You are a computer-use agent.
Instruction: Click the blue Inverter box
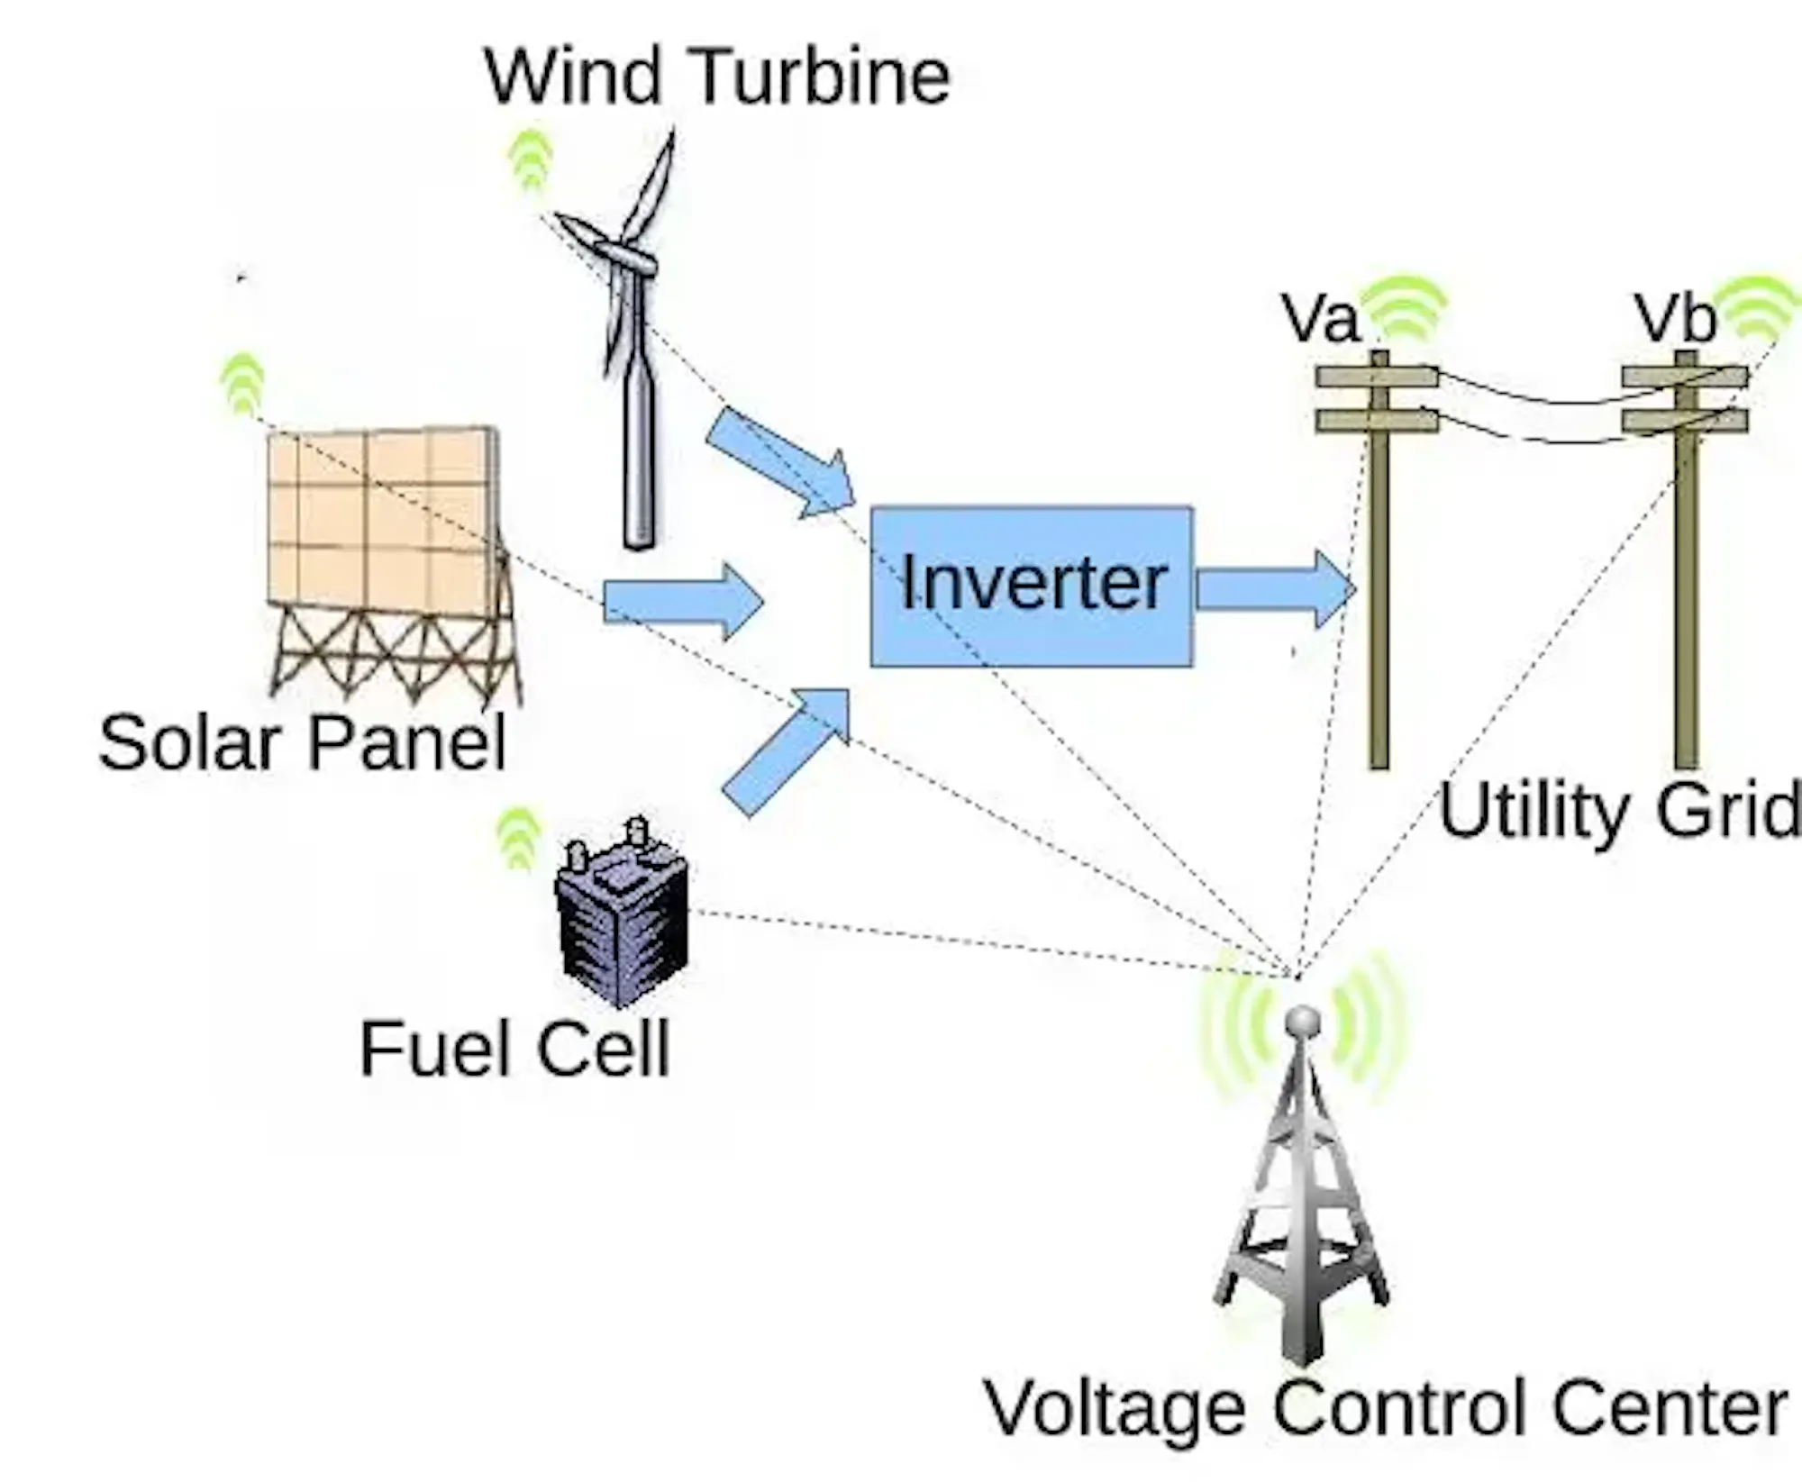click(1031, 586)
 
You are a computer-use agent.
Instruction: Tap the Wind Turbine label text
click(717, 77)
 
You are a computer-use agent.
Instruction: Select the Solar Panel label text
click(302, 743)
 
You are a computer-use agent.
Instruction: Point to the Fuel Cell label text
click(514, 1049)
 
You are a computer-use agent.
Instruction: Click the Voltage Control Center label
click(1386, 1407)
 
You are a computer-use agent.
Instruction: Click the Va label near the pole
click(1320, 319)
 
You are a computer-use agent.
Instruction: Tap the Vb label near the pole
click(1675, 319)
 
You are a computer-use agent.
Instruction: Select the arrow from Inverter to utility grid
click(1275, 589)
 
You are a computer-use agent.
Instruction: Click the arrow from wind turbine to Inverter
click(780, 463)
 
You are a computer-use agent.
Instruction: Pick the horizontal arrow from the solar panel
click(682, 602)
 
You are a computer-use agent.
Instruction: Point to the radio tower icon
click(1302, 1189)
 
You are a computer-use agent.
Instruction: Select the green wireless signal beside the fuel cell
click(519, 839)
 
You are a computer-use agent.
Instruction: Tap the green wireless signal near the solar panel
click(242, 383)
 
